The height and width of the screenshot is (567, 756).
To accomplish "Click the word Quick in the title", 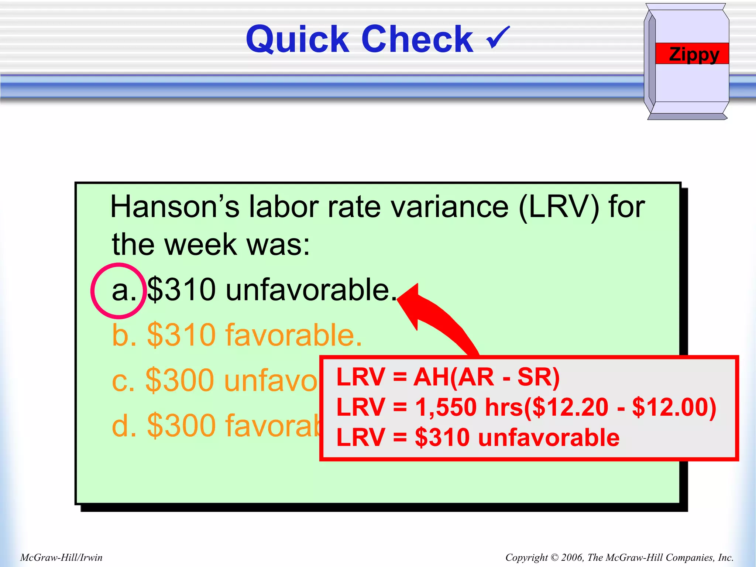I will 298,40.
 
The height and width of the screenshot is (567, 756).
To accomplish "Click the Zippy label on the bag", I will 694,54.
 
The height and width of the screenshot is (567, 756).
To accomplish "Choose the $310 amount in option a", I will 181,290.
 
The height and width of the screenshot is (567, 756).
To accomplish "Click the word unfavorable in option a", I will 308,290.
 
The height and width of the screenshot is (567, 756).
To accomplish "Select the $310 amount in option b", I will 181,335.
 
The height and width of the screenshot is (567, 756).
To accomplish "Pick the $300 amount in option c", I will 181,380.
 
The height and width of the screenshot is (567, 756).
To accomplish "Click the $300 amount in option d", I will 181,425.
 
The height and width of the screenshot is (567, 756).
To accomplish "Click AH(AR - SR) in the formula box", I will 487,377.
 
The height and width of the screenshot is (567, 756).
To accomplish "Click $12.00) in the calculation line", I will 674,407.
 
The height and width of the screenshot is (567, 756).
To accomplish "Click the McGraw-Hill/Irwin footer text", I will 61,557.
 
